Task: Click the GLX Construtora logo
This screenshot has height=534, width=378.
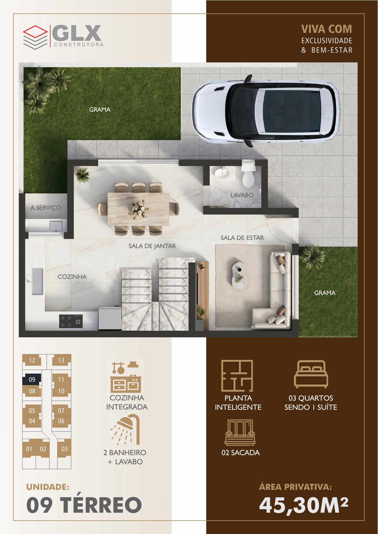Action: point(63,36)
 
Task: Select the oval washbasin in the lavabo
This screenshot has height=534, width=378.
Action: point(223,173)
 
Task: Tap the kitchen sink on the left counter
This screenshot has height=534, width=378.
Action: point(37,281)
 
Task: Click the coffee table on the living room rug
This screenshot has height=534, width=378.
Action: point(239,273)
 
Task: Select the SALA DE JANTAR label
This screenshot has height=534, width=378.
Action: point(152,246)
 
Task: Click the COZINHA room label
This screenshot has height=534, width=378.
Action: point(72,277)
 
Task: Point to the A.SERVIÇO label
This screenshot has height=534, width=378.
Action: point(46,208)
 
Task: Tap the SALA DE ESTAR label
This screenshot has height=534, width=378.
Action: point(242,238)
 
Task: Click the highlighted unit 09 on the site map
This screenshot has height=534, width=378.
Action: point(32,380)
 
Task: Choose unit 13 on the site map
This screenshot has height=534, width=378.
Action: point(61,360)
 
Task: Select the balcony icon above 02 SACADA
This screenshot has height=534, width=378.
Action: point(239,432)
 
